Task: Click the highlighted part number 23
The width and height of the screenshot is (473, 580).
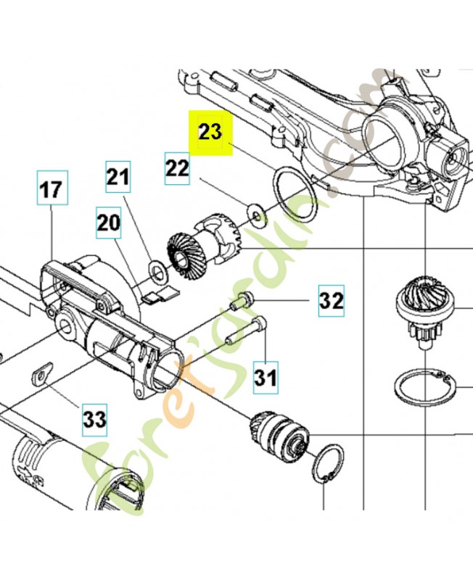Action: (210, 133)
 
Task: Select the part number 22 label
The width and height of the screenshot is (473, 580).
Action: (177, 168)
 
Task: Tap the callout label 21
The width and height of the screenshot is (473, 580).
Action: (118, 177)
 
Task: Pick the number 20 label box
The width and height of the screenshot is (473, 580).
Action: (108, 223)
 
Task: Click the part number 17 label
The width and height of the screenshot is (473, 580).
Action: (52, 188)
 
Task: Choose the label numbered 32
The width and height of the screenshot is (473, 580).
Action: (332, 300)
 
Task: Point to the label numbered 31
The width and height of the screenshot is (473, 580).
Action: (266, 378)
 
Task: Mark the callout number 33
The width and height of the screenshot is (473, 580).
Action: (94, 420)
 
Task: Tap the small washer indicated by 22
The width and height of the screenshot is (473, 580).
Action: (257, 215)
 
